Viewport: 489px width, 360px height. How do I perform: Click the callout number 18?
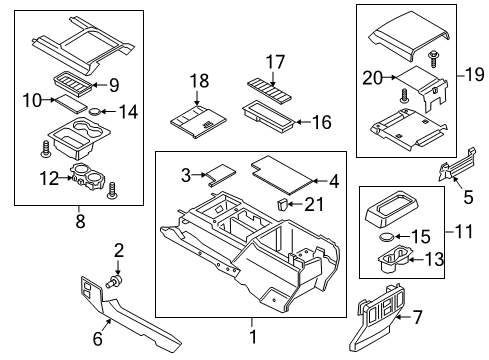[x=198, y=80]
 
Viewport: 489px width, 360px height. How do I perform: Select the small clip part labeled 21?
[x=283, y=205]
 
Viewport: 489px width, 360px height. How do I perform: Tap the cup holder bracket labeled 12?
[x=85, y=180]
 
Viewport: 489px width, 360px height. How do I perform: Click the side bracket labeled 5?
[x=455, y=172]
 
